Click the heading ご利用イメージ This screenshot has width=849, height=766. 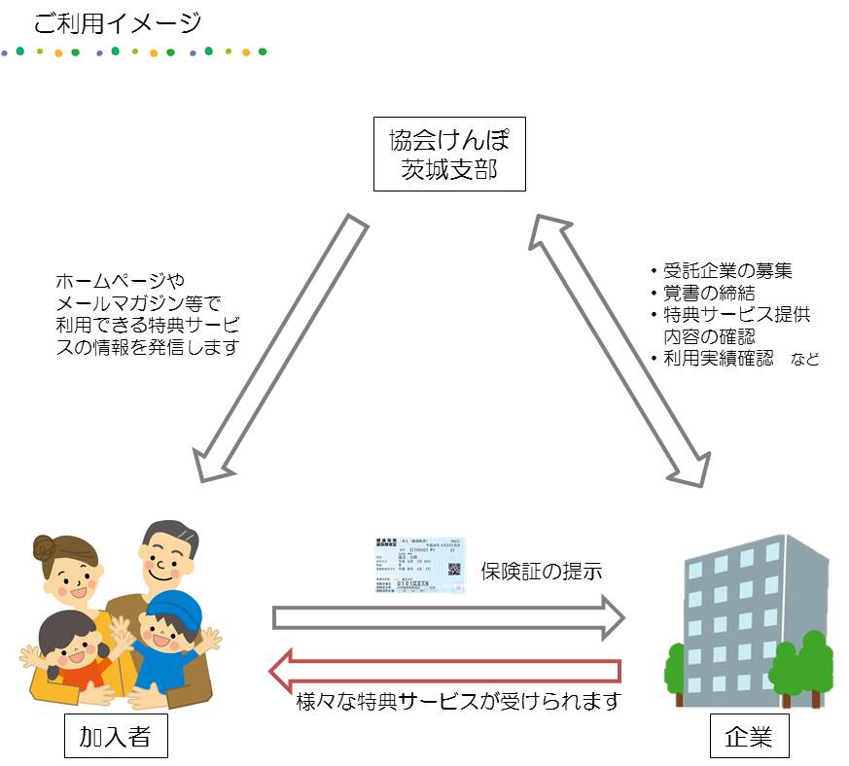(117, 22)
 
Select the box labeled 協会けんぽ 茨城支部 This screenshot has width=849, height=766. (449, 155)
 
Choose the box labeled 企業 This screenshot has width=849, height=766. (748, 736)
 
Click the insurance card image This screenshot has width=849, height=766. (418, 565)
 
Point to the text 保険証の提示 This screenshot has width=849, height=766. (541, 571)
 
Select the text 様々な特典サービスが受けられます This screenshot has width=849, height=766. (457, 701)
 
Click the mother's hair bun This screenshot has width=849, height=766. (42, 548)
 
